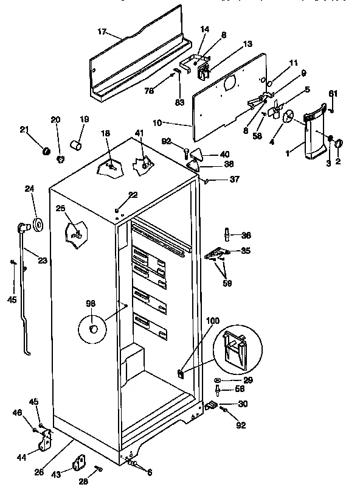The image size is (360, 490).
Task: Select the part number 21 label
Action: click(x=24, y=129)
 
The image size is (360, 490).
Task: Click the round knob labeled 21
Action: click(x=45, y=150)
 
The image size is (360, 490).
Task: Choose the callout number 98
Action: click(x=90, y=304)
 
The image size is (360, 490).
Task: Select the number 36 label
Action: click(x=246, y=236)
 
